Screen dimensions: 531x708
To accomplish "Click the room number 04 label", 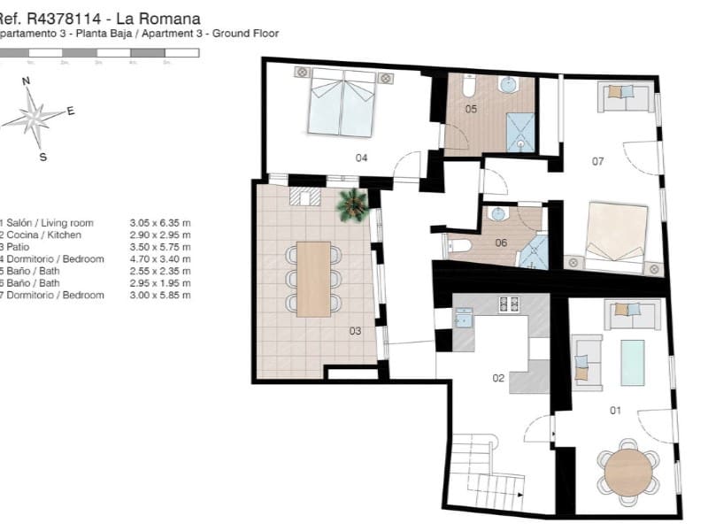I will tap(361, 158).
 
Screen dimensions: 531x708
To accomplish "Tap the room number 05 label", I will tap(471, 110).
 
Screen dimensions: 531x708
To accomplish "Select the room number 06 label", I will tap(500, 242).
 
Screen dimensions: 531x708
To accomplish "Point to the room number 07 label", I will tap(597, 161).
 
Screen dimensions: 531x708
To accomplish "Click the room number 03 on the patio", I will tap(355, 332).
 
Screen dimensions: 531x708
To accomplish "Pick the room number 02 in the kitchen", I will tap(498, 378).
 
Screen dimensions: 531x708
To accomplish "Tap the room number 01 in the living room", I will tap(615, 410).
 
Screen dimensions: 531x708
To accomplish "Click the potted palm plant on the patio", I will tap(352, 204).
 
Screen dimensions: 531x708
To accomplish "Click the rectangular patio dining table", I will tap(312, 279).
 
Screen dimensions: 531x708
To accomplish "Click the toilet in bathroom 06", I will tap(458, 246).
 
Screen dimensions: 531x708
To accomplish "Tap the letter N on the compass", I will tap(27, 81).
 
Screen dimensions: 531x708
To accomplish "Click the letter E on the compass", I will tap(71, 111).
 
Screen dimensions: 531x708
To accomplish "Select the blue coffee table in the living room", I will tap(632, 363).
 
